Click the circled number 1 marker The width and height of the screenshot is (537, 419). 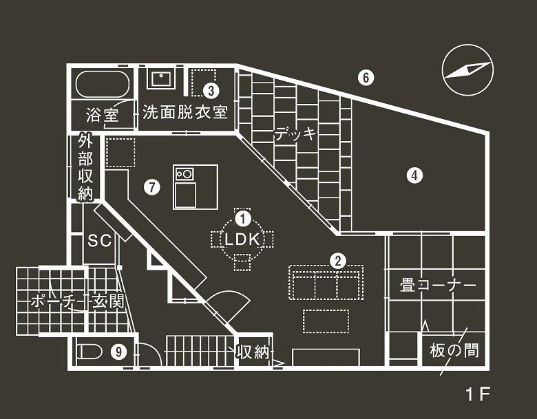(x=242, y=218)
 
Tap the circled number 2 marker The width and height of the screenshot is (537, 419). (x=337, y=261)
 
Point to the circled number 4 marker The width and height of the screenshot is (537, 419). (x=413, y=175)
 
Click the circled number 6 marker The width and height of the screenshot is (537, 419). (x=366, y=78)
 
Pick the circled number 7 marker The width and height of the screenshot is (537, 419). (x=152, y=185)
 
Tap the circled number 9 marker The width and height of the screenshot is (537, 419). (x=120, y=352)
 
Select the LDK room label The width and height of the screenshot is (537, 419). (x=242, y=239)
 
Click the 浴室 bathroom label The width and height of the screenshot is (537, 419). (x=103, y=114)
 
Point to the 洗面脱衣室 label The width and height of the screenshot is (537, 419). (x=185, y=112)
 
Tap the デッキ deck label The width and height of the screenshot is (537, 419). (x=295, y=133)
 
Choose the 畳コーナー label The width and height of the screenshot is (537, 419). (x=438, y=284)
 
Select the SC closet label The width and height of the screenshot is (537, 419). (x=101, y=240)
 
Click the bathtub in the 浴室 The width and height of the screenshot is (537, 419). (x=102, y=84)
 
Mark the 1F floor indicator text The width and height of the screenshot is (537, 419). (x=476, y=394)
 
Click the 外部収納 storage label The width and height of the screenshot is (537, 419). (x=85, y=167)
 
